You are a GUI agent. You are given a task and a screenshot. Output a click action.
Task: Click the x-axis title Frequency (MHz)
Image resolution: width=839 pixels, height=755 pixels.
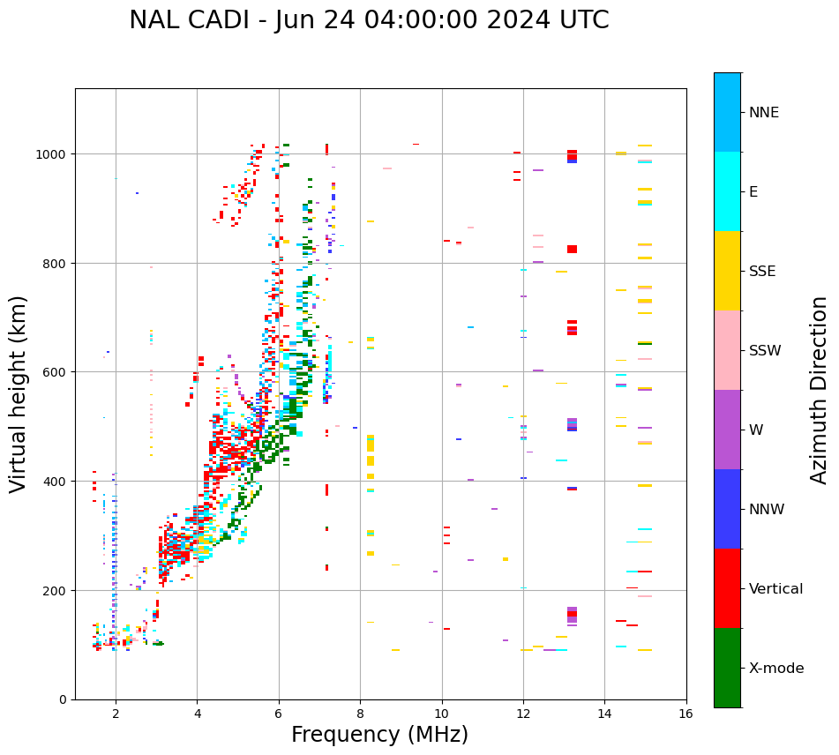(379, 735)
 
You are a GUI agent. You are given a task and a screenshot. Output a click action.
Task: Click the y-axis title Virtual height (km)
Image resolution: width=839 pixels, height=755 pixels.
(19, 393)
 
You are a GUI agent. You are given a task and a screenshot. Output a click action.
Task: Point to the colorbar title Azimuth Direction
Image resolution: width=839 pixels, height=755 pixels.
(820, 390)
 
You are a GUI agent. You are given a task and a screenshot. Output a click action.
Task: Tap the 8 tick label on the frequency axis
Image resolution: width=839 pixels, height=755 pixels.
(360, 714)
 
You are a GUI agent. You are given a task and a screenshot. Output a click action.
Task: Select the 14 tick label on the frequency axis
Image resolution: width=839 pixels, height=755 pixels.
(604, 714)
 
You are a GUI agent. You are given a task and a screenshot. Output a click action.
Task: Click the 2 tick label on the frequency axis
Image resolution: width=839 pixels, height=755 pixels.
(116, 714)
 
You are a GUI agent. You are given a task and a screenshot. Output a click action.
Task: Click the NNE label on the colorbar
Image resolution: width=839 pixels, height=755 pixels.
(764, 113)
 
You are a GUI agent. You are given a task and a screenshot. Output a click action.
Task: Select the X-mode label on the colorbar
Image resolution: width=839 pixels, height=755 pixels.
(776, 669)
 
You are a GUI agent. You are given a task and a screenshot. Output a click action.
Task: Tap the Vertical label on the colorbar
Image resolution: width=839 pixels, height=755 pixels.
(776, 589)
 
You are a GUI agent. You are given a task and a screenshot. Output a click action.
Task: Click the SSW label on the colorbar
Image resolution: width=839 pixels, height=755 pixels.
(765, 351)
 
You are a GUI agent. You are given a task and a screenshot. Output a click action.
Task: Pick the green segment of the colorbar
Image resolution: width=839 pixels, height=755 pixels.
(727, 668)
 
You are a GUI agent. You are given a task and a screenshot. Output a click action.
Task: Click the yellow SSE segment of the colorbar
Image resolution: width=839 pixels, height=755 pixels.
(727, 271)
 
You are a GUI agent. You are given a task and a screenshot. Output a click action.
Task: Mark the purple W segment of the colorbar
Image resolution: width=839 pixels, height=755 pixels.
(727, 430)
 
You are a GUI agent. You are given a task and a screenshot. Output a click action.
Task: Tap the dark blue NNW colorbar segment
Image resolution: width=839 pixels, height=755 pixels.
(727, 509)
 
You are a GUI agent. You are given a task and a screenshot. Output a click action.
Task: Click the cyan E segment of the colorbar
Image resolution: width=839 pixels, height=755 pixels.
(727, 191)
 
